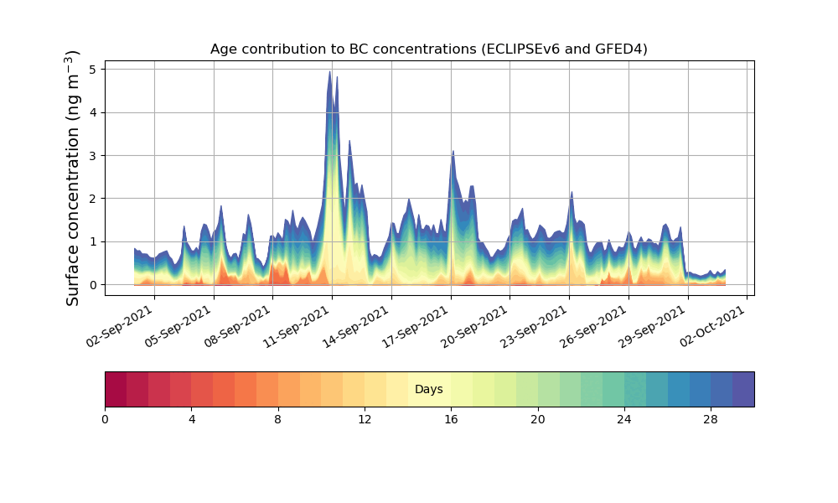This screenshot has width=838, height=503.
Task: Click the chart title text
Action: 428,49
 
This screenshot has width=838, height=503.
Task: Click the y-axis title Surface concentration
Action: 73,178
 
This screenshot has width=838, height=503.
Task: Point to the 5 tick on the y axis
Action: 97,69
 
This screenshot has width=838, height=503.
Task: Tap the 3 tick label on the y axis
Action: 97,155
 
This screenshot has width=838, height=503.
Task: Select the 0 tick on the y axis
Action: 97,285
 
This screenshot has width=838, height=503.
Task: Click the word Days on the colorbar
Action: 428,390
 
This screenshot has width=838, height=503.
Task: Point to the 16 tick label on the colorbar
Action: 451,419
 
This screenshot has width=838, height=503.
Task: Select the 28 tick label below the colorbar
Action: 711,419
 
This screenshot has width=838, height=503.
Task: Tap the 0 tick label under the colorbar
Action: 105,419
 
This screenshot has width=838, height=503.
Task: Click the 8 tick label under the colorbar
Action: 278,419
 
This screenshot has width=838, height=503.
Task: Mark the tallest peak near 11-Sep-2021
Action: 330,72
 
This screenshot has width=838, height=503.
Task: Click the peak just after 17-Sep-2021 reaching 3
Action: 453,152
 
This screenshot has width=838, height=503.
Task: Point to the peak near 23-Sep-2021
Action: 572,193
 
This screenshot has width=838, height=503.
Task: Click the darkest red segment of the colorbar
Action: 116,389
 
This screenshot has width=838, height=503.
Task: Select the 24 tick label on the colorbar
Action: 624,419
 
